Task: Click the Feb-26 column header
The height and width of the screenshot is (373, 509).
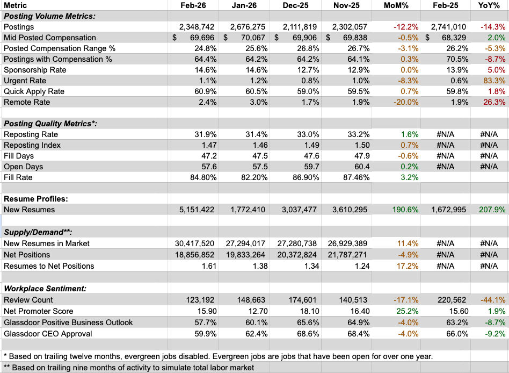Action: point(192,5)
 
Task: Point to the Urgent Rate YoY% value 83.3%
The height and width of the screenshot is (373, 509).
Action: point(492,81)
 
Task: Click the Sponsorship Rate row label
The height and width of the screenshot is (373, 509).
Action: point(34,70)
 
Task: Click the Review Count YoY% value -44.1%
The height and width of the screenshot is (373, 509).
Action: point(492,300)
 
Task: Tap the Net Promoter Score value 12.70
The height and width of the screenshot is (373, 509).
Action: point(252,311)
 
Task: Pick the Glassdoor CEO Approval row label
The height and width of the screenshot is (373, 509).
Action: point(48,333)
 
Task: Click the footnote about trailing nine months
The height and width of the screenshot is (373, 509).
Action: point(129,368)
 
